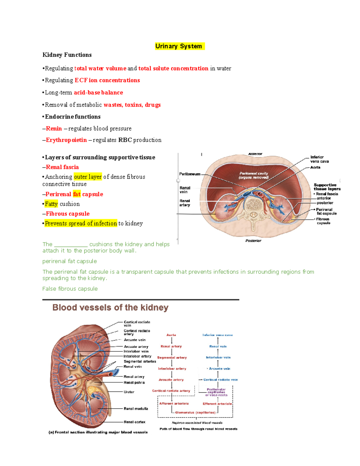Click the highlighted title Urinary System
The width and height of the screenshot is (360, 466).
(179, 46)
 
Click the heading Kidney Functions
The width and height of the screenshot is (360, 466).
(67, 55)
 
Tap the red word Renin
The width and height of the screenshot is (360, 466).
(54, 128)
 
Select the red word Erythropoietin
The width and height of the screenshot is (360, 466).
(66, 140)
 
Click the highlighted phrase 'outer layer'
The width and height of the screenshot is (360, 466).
(88, 177)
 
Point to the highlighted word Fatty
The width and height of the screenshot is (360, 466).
(51, 204)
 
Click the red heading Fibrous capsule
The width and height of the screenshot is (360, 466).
(68, 214)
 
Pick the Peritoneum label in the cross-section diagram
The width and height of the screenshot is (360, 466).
(190, 174)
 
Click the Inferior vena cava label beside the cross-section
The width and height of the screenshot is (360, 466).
(319, 159)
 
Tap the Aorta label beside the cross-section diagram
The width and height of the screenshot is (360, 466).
(315, 167)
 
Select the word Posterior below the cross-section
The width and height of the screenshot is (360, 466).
(253, 241)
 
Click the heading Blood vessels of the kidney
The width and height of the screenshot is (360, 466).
(110, 308)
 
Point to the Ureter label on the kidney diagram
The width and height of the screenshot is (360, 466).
(129, 392)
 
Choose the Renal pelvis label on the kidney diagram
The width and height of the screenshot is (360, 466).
(134, 383)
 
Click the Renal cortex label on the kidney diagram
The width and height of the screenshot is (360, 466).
(134, 422)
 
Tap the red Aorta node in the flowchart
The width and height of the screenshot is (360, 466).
(171, 335)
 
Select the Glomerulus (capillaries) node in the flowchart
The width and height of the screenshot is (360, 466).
(195, 412)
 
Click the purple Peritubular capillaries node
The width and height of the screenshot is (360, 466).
(216, 391)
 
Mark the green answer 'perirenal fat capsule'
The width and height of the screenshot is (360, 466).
(70, 261)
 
